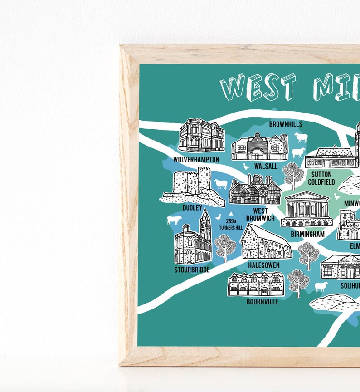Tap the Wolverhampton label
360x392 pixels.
(x=196, y=160)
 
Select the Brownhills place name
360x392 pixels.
(x=286, y=124)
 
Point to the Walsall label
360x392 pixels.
(x=266, y=166)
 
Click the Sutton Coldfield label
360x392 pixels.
(x=321, y=178)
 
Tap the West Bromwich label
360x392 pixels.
(x=260, y=215)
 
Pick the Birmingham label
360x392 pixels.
(x=308, y=234)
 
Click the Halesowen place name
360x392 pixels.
(x=264, y=265)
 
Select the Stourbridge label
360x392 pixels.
(x=192, y=269)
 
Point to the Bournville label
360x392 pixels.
(x=262, y=301)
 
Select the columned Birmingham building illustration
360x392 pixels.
(x=306, y=209)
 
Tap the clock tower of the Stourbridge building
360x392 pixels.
(x=205, y=225)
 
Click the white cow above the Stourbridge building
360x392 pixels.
(x=174, y=220)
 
